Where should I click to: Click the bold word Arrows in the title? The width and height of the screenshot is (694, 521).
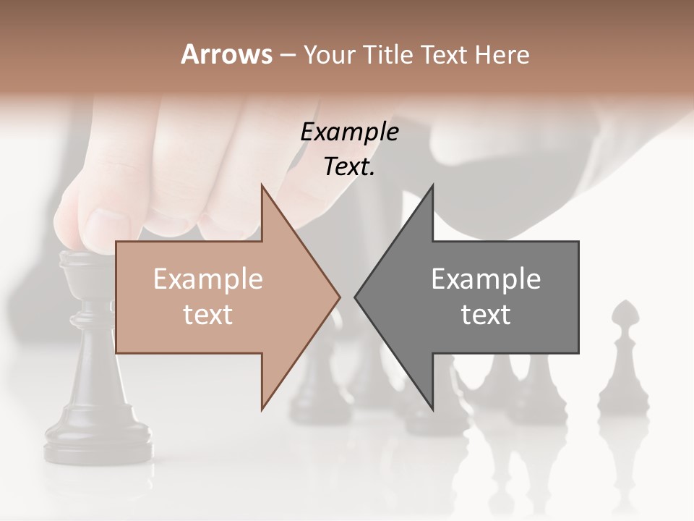(x=227, y=54)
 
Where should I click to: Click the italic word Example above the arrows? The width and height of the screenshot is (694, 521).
(x=349, y=132)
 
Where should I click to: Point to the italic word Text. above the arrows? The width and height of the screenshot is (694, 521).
(x=349, y=167)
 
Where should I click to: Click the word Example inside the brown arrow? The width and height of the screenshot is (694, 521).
(x=208, y=279)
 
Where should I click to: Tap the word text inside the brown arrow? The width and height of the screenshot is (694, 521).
(x=208, y=315)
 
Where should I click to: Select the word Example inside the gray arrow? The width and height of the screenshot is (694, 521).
(x=486, y=279)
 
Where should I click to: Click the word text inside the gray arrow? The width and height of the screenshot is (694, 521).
(x=486, y=315)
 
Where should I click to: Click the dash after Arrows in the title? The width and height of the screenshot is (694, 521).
(x=287, y=54)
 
